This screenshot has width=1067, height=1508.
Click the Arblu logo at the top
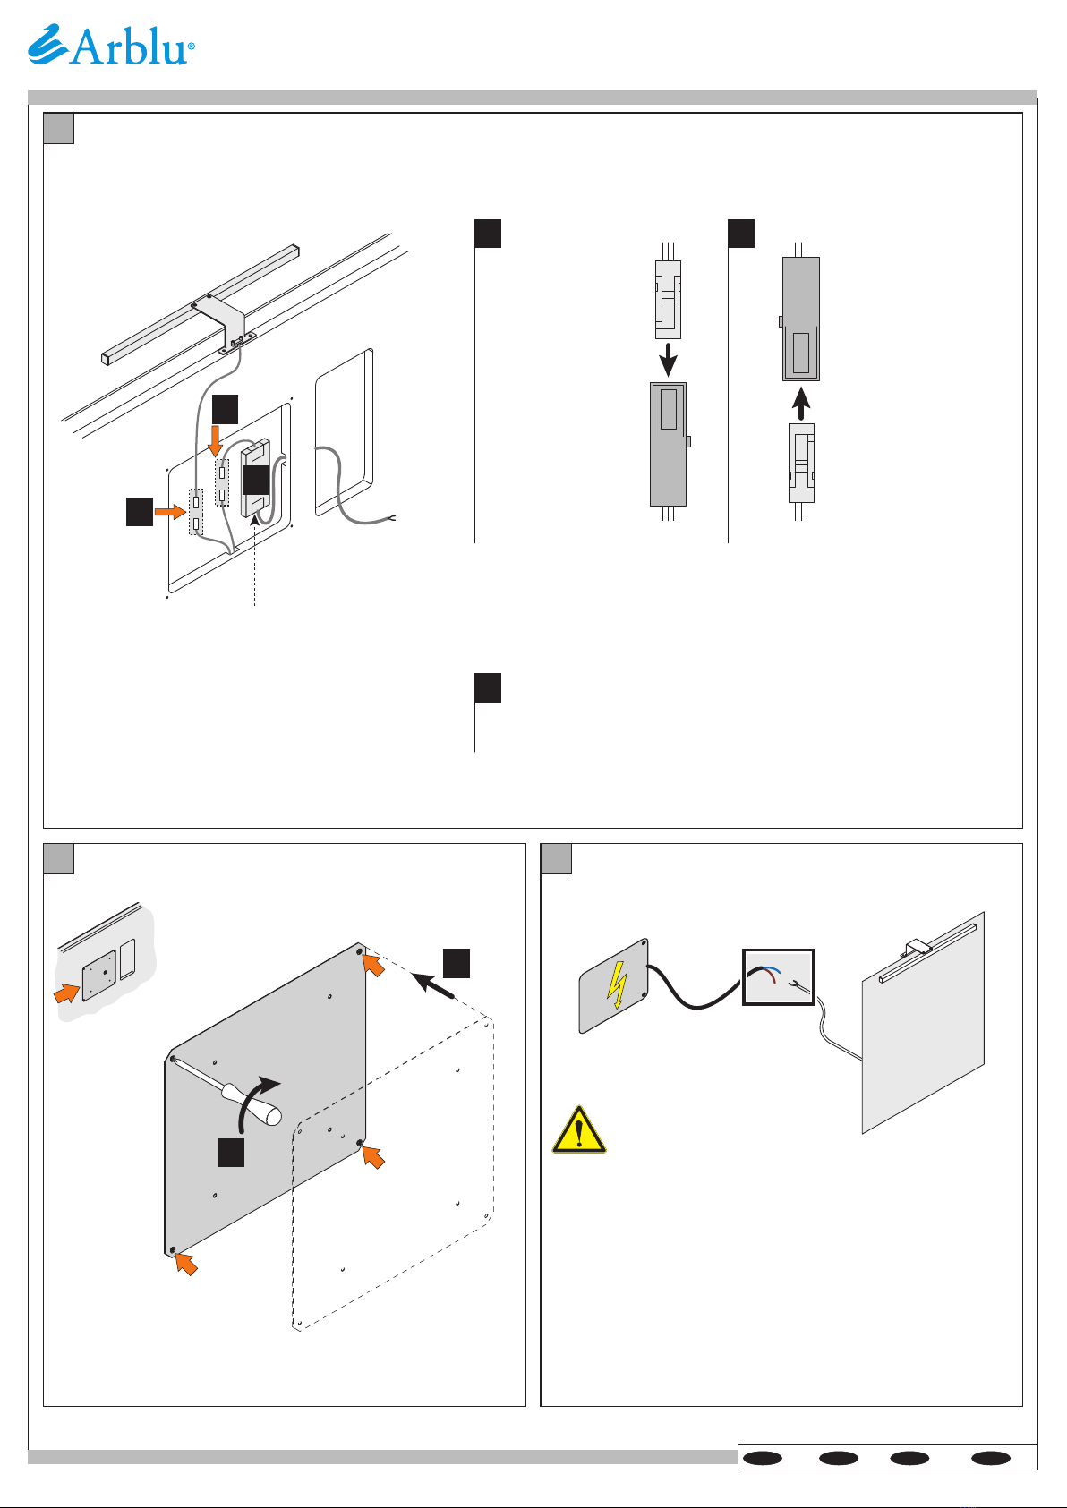point(111,45)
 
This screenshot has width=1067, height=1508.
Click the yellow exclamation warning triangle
point(579,1130)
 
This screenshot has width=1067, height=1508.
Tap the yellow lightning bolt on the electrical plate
point(616,985)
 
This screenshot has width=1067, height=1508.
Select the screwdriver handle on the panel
point(252,1104)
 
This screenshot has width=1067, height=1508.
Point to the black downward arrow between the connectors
point(668,360)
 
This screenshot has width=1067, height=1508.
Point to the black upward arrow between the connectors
point(800,404)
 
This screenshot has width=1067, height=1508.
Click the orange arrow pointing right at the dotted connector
point(170,512)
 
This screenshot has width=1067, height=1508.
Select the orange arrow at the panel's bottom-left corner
point(186,1264)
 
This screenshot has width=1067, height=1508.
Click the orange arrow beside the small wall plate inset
point(66,993)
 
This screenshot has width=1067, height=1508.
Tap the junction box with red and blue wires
point(779,977)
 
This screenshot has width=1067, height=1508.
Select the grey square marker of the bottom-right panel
point(556,858)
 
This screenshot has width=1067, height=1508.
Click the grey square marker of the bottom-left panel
point(58,858)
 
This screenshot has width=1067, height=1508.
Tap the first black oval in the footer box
point(762,1458)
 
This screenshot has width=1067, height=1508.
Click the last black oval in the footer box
point(991,1458)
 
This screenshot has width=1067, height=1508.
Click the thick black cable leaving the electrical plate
point(694,990)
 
